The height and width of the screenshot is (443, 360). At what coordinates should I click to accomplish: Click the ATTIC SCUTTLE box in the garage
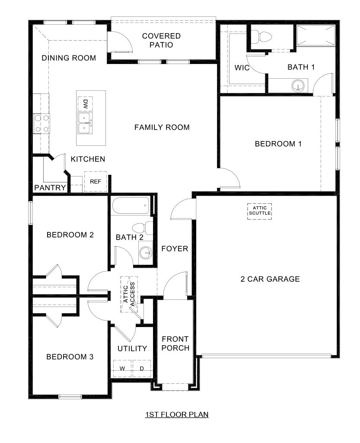tap(260, 211)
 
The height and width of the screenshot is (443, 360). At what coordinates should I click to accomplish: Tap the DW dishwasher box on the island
tap(85, 104)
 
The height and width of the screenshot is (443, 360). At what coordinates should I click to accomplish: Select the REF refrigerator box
tap(95, 182)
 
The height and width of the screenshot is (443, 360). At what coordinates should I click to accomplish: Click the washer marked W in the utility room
tap(122, 369)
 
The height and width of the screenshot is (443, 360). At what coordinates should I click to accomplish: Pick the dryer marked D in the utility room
tap(141, 369)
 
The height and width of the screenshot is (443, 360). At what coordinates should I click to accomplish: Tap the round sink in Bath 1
tap(298, 86)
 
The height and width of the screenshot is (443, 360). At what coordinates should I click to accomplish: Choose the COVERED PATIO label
tap(161, 40)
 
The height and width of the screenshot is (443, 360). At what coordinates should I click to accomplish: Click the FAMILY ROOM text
tap(162, 127)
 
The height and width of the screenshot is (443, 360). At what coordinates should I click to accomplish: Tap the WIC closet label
tap(242, 68)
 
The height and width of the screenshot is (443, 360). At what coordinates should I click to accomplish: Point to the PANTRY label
tap(50, 188)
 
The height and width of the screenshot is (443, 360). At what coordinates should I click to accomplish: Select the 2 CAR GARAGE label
tap(270, 279)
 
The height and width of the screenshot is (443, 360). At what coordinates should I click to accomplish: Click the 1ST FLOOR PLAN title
tap(177, 414)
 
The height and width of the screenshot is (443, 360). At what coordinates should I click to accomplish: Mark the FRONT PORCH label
tap(175, 343)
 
